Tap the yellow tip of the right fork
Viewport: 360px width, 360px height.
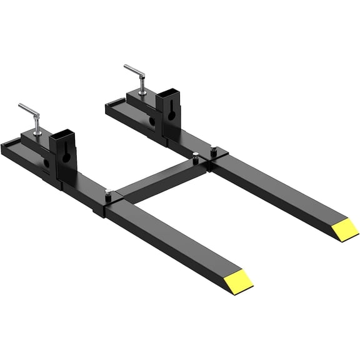click(x=344, y=230)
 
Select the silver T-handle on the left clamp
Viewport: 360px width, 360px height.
click(x=30, y=112)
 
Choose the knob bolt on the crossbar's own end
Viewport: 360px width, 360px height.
click(x=196, y=157)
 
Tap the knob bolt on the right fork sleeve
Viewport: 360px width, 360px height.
click(x=214, y=150)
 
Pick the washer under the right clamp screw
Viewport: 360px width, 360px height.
click(x=143, y=92)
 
